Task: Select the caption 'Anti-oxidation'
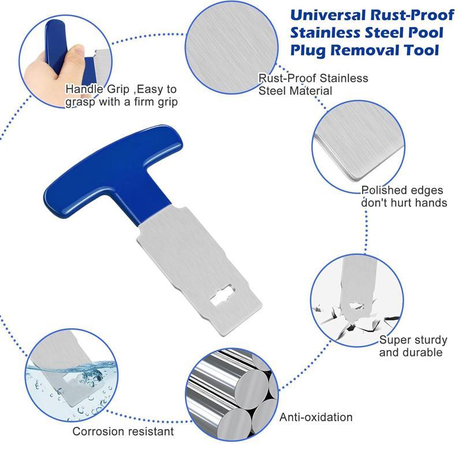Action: pos(316,417)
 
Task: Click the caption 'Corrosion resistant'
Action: pos(123,431)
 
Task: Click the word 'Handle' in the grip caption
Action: pos(82,90)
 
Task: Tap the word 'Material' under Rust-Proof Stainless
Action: pos(312,91)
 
